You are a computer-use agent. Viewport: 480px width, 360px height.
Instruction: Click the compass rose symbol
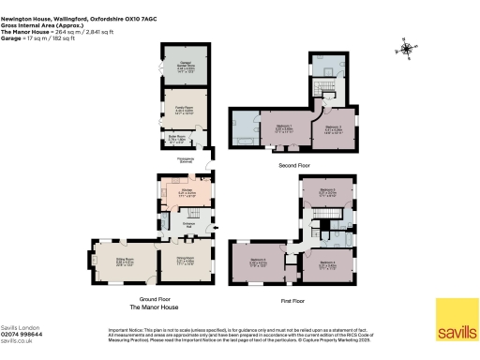coord(406,48)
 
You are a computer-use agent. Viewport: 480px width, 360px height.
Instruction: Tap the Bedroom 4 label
coord(327,263)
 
